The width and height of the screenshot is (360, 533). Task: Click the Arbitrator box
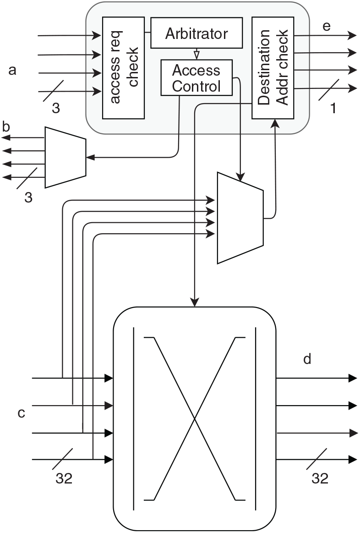(x=196, y=33)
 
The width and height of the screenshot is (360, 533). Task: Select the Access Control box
(x=196, y=78)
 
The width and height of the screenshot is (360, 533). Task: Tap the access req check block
(x=123, y=67)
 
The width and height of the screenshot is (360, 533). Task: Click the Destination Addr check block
(x=273, y=67)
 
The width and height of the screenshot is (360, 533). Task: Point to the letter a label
(x=13, y=70)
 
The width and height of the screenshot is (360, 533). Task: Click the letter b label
(x=6, y=126)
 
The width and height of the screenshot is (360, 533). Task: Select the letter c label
(x=21, y=413)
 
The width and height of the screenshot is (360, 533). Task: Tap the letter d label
(x=307, y=359)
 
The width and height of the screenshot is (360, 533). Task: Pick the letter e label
(x=326, y=26)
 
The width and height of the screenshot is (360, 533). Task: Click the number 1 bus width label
(x=333, y=109)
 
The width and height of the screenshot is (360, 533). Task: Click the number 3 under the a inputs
(x=56, y=109)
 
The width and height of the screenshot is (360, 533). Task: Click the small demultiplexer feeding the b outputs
(x=65, y=157)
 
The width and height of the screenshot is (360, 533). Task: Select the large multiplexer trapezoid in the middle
(x=240, y=218)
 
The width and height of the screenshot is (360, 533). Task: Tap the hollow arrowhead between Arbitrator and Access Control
(x=196, y=55)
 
